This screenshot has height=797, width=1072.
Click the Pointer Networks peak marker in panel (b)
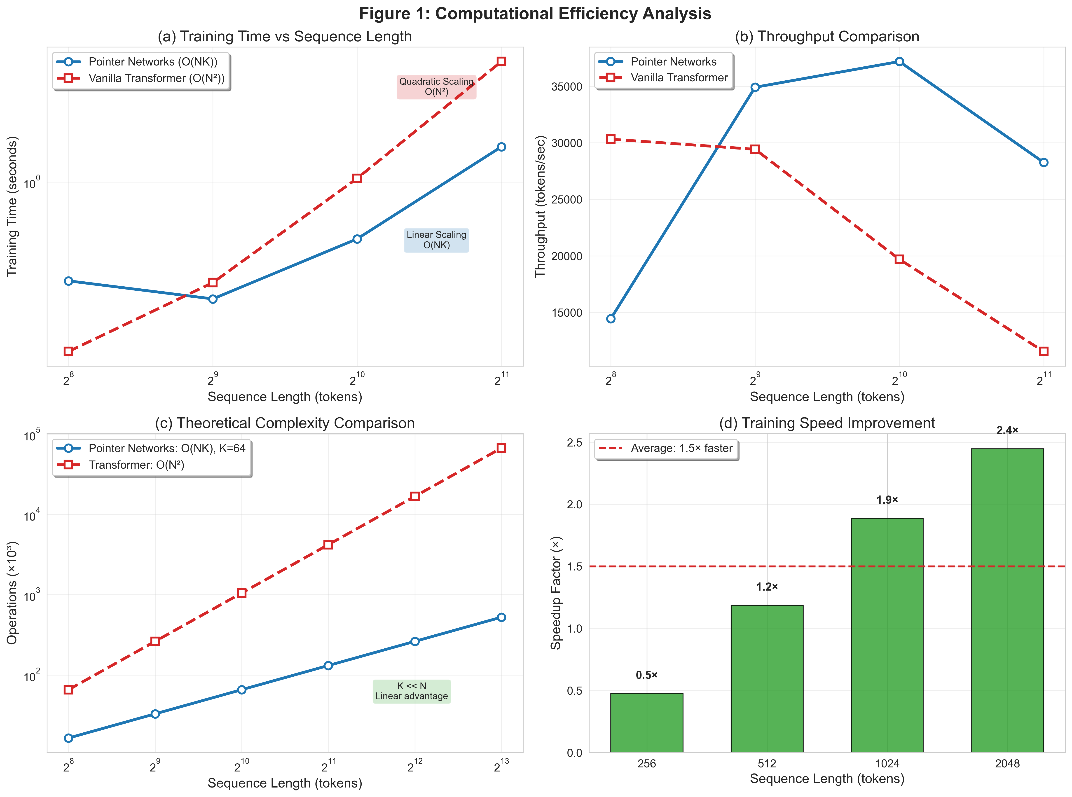tap(899, 62)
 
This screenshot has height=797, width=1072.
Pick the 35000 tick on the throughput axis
tap(567, 87)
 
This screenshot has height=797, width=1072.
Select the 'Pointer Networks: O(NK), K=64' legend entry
tap(166, 448)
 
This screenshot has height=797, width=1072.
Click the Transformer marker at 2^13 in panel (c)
tap(501, 448)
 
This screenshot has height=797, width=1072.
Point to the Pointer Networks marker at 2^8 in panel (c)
tap(68, 738)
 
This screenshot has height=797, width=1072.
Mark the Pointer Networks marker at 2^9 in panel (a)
tap(213, 299)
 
